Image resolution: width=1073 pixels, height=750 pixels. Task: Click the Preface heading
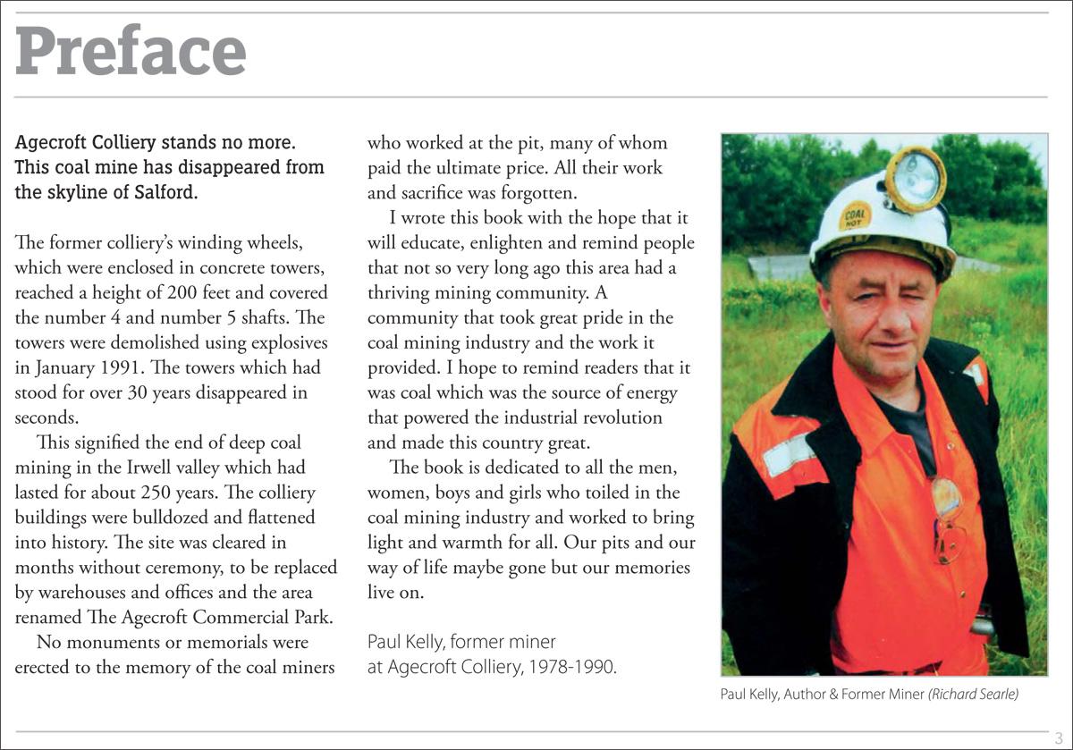click(131, 51)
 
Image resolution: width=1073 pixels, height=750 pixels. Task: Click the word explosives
click(288, 342)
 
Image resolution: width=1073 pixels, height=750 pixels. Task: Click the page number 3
click(1059, 738)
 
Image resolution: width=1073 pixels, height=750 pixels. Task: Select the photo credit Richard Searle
click(974, 694)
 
